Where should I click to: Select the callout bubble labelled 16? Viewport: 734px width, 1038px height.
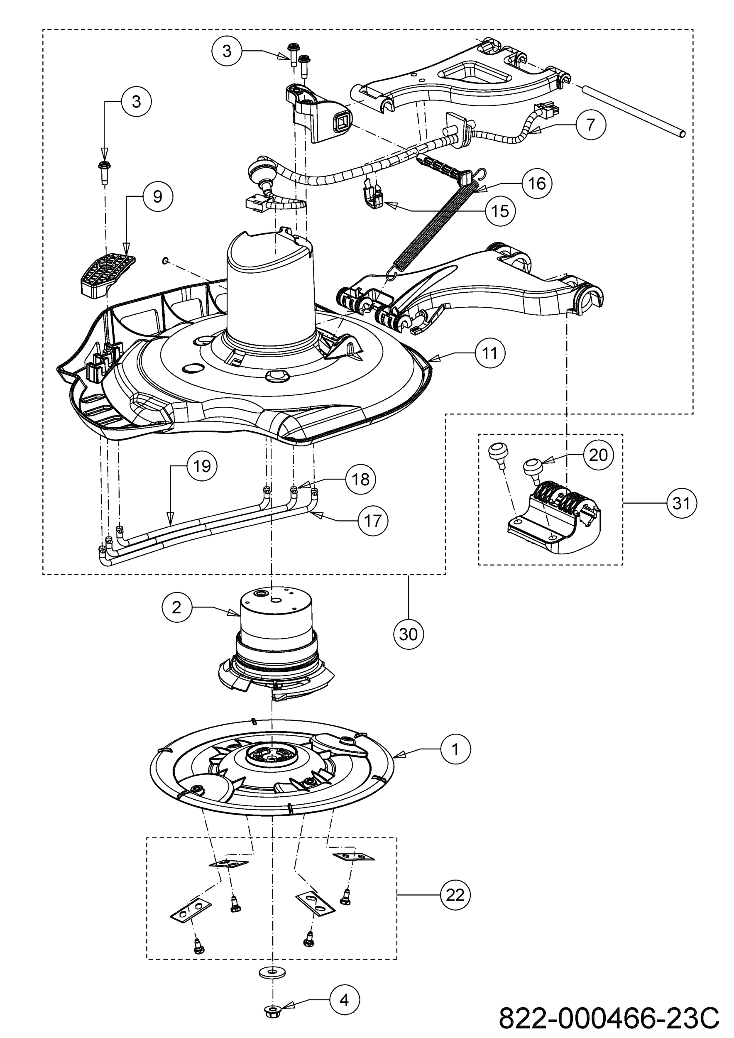pos(537,184)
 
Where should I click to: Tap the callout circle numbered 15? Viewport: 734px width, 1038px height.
pos(500,211)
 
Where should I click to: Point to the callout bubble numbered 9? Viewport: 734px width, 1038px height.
pos(157,197)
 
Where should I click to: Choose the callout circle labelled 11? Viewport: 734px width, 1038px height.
pos(490,353)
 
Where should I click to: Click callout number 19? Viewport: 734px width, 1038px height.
pos(202,466)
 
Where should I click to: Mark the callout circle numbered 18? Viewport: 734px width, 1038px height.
pos(361,479)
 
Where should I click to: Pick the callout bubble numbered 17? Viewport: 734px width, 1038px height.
pos(373,521)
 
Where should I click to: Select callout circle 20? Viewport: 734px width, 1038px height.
pos(598,455)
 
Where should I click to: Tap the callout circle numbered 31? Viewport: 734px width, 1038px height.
pos(682,503)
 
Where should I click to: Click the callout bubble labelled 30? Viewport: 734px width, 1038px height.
pos(409,634)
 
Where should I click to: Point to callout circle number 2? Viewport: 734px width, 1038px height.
pos(177,607)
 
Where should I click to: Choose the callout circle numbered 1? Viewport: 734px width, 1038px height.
pos(455,749)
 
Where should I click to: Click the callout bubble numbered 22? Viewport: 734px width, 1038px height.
pos(455,895)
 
